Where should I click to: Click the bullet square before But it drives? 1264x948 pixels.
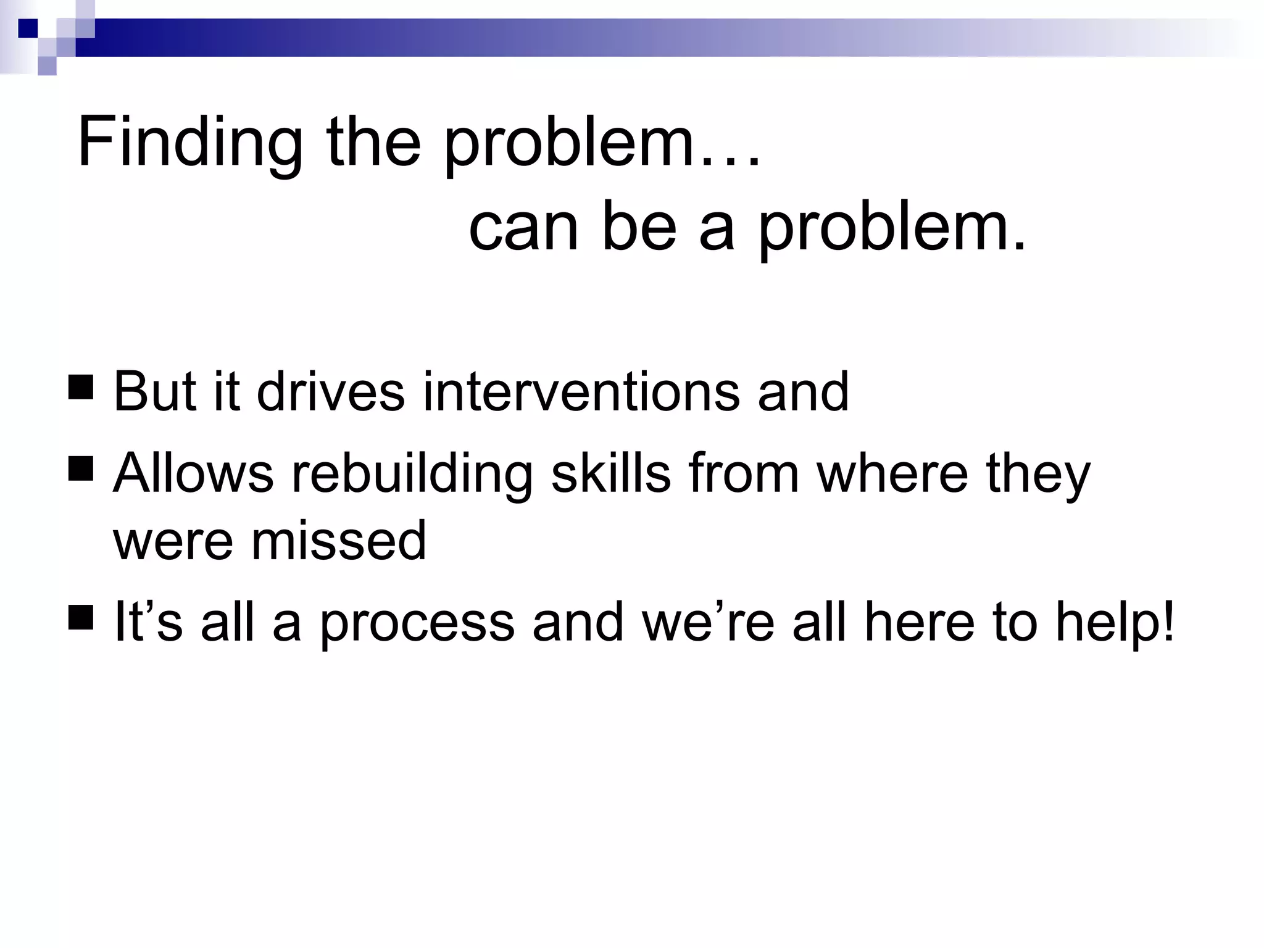click(x=81, y=388)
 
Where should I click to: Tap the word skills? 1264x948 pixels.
click(x=610, y=473)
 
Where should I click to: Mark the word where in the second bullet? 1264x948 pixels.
click(x=892, y=473)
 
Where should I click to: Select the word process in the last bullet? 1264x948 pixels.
click(x=417, y=623)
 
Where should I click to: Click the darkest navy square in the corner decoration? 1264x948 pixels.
click(x=28, y=28)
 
